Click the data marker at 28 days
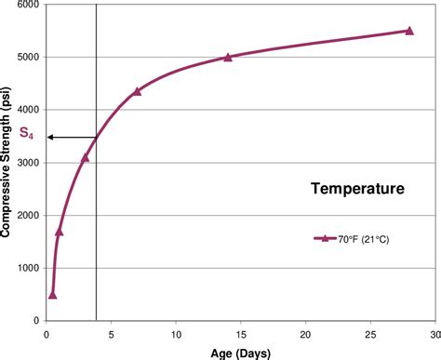coord(409,31)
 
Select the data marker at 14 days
coord(228,57)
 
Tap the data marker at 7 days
coord(137,91)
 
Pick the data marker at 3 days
coord(86,157)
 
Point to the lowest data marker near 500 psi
coord(53,294)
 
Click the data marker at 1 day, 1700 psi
coord(60,231)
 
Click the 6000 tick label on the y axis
coord(30,5)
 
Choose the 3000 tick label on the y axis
coord(30,163)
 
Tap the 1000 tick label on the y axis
coord(30,268)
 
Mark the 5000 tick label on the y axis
coord(30,58)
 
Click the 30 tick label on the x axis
coord(434,334)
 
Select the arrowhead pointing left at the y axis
coord(51,137)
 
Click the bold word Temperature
coord(356,190)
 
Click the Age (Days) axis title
coord(240,353)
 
